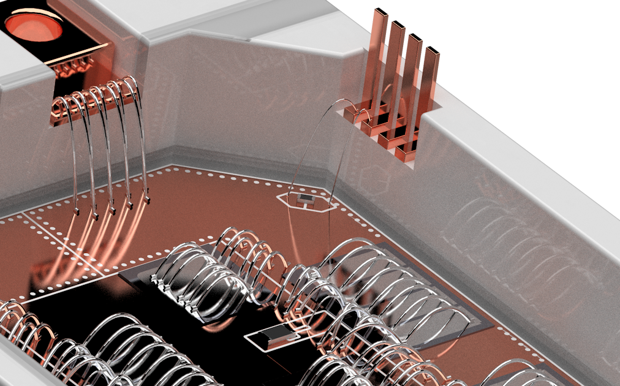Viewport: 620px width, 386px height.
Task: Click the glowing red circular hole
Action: tap(34, 26)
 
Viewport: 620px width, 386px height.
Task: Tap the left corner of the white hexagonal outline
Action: tap(278, 198)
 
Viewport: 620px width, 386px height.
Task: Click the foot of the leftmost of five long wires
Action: tap(78, 212)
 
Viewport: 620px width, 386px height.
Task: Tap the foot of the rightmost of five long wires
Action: tap(148, 200)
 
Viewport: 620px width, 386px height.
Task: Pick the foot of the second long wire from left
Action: tap(96, 216)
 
